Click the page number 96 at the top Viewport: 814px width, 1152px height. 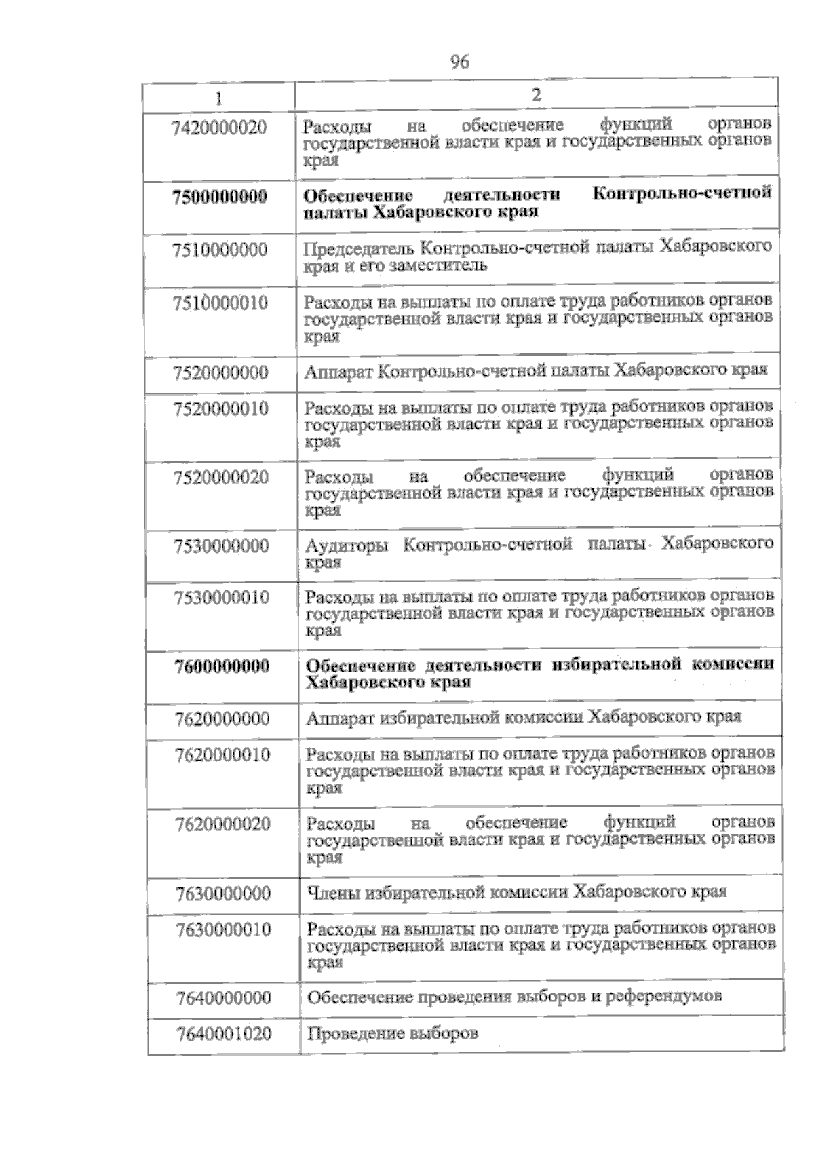[459, 62]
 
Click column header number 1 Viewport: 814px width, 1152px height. [219, 98]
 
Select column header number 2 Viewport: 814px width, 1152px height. [536, 96]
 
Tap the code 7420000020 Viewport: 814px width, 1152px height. [220, 128]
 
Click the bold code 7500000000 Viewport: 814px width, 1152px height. [220, 197]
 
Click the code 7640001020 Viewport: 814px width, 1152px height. [224, 1034]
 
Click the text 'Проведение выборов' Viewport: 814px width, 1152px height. [393, 1034]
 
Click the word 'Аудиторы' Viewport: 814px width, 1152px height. [347, 546]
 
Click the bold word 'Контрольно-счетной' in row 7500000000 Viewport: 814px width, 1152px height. [682, 193]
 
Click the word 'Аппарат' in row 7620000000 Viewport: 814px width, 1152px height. [336, 718]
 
